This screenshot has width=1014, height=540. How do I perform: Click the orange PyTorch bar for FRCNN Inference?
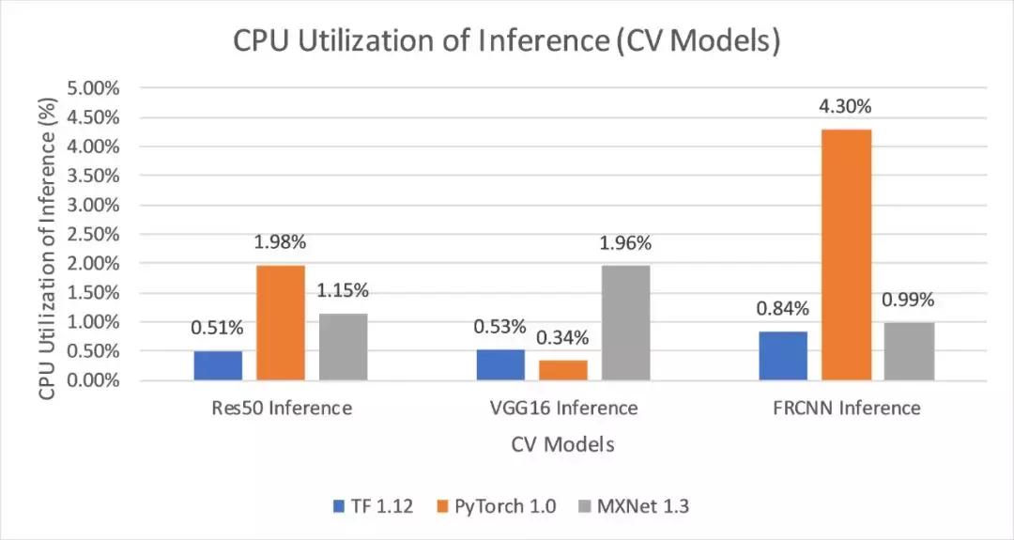pos(847,255)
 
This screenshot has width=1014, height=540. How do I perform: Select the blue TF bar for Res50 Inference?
pos(218,365)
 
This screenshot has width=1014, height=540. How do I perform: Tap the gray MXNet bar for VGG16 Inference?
pos(625,322)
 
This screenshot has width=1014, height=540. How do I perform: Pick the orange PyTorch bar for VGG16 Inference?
pos(563,370)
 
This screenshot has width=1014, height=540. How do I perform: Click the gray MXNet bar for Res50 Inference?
pos(343,347)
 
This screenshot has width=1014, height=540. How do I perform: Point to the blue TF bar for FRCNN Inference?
pos(783,356)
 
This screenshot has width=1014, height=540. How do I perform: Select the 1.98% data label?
pos(280,242)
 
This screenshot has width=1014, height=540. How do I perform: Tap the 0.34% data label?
pos(562,337)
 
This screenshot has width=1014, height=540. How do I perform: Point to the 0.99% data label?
pos(909,300)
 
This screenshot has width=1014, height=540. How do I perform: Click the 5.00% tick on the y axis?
pos(93,88)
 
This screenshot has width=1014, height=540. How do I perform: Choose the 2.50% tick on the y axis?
pos(93,234)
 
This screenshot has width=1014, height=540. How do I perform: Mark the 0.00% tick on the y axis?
pos(93,380)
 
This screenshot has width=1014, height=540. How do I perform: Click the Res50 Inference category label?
pos(282,409)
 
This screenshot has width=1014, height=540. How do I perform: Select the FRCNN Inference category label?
pos(847,409)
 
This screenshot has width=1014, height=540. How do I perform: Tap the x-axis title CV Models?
pos(563,444)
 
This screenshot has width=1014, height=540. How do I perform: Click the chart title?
pos(506,42)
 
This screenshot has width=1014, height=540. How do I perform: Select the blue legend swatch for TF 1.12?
pos(340,507)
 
